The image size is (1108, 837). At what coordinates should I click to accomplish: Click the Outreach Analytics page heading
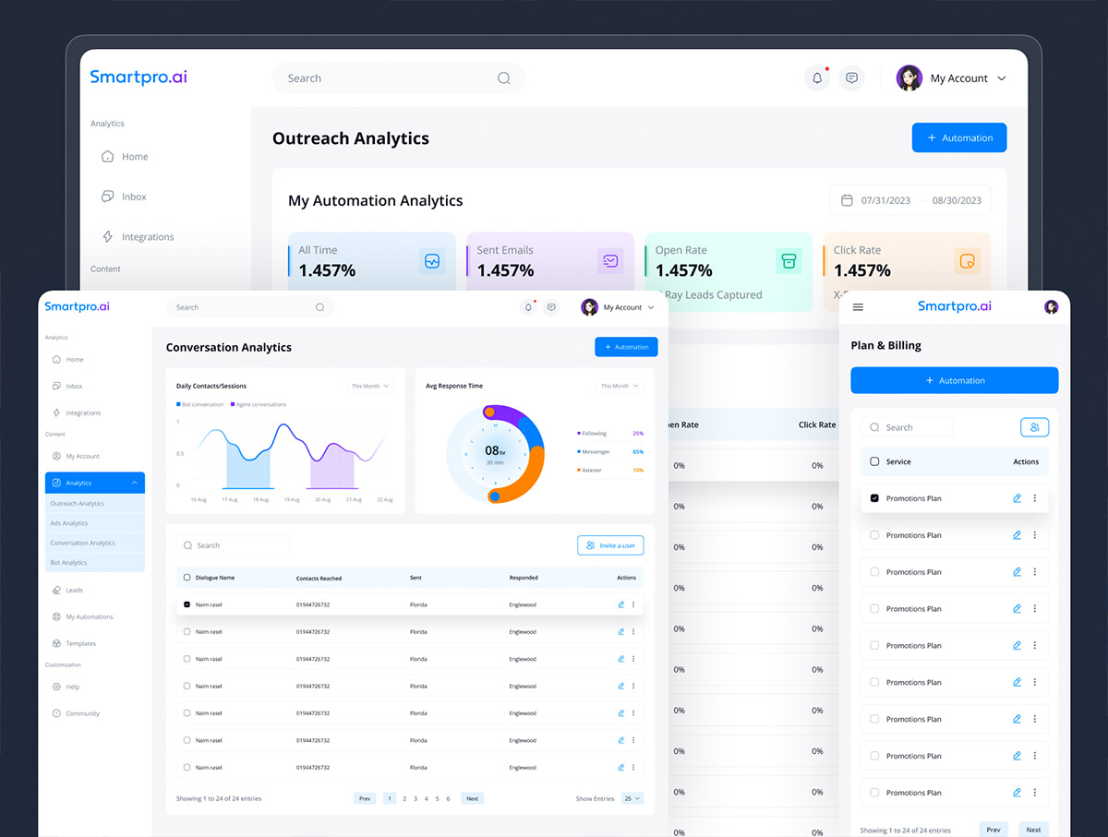pos(351,138)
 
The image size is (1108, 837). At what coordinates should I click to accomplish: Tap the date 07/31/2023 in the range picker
pos(885,200)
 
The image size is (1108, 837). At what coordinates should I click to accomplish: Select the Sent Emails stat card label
pos(505,250)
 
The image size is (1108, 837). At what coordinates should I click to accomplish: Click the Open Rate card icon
pos(788,261)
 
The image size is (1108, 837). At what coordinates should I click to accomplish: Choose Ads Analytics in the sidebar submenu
pos(69,523)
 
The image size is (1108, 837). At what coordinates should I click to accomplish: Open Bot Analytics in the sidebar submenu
pos(68,562)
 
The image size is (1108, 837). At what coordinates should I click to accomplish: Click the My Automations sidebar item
pos(90,616)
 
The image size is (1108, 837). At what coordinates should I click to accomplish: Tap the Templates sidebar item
pos(81,643)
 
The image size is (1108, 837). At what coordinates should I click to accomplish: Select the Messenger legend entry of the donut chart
pos(595,452)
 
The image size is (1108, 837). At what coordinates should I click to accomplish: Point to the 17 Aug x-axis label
pos(230,499)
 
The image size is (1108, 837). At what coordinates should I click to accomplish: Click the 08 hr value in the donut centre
pos(494,451)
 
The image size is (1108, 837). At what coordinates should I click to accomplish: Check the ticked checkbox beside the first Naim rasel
pos(187,604)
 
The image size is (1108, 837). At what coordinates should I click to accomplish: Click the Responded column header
pos(524,578)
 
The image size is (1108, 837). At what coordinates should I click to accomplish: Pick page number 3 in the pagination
pos(415,798)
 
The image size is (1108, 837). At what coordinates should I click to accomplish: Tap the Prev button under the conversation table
pos(365,798)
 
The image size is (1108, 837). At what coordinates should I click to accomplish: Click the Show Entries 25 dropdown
pos(632,798)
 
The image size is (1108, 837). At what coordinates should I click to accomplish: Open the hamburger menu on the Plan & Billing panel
pos(858,307)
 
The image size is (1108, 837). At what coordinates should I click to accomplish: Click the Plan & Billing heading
pos(885,345)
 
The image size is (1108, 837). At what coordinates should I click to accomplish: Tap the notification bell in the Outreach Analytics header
pos(817,78)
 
